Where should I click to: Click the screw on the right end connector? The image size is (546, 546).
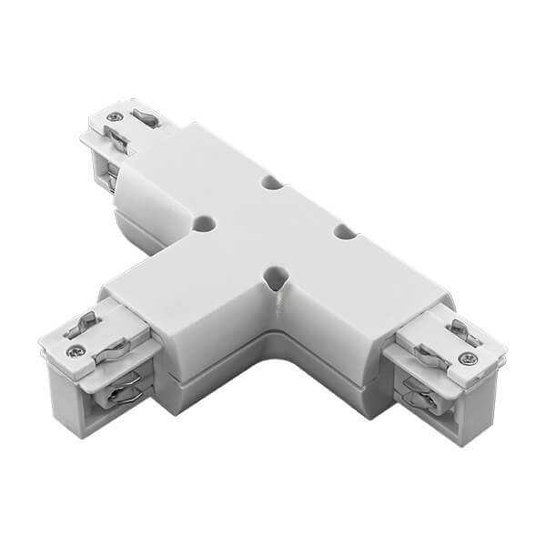[468, 359]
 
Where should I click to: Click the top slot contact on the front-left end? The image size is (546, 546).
[84, 319]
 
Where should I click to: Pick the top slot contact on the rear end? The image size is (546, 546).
[143, 117]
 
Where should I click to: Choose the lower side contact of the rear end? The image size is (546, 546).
[110, 173]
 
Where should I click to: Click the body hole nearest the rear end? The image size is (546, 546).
[204, 222]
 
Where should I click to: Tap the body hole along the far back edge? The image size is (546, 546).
[271, 182]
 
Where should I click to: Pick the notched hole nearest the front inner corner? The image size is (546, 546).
[273, 275]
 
